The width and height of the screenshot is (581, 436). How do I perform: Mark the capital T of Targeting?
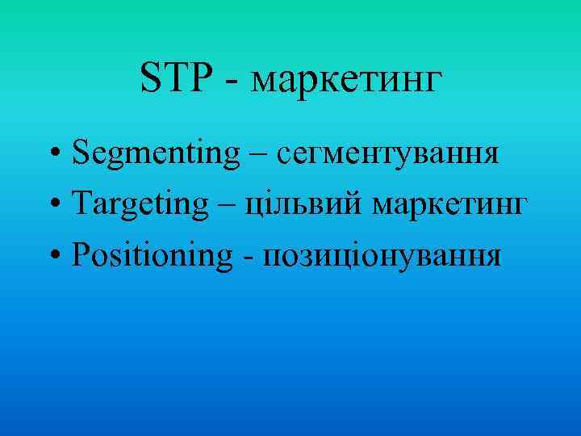pos(80,205)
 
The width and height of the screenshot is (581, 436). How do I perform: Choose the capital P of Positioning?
pos(79,255)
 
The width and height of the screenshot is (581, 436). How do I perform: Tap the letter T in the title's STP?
pos(173,79)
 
